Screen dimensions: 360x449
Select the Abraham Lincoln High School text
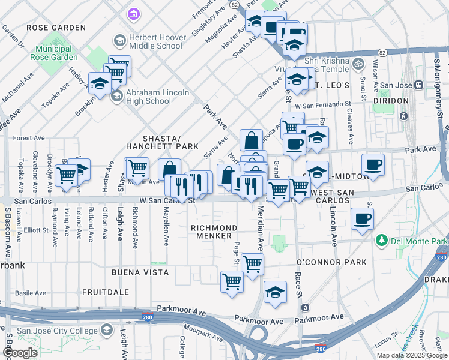[x=158, y=97]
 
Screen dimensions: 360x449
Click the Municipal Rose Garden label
[x=57, y=53]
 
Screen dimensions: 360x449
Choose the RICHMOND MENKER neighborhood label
[x=214, y=232]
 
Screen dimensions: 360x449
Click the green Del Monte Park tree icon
[x=381, y=241]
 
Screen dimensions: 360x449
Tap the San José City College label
[x=57, y=331]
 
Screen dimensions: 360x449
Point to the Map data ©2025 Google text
[x=412, y=355]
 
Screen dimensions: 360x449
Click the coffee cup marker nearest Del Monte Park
[x=362, y=220]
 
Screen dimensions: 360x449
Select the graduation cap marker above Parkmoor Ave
[x=275, y=292]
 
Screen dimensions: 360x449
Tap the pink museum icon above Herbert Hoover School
[x=133, y=13]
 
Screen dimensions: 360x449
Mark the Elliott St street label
[x=36, y=229]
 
